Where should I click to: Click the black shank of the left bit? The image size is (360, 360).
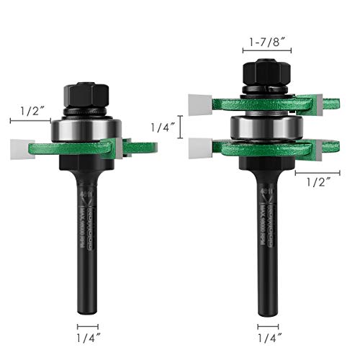pyautogui.click(x=86, y=230)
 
